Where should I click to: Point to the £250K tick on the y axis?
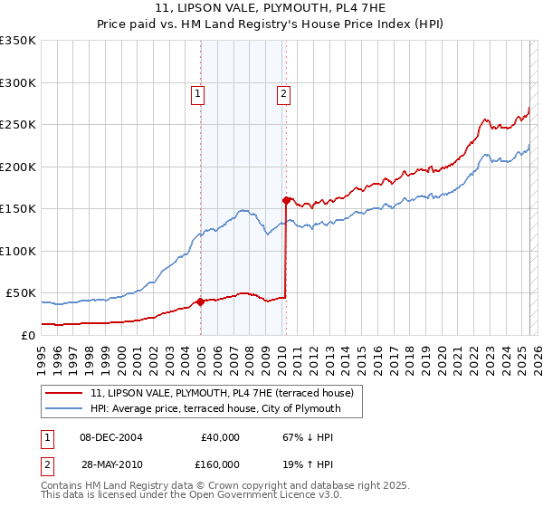pyautogui.click(x=17, y=125)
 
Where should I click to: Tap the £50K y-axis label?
pyautogui.click(x=21, y=293)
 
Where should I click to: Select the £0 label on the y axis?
pyautogui.click(x=28, y=335)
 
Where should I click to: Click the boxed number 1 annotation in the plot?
pyautogui.click(x=197, y=91)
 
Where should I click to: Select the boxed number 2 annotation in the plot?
pyautogui.click(x=283, y=91)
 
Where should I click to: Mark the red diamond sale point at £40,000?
pyautogui.click(x=200, y=302)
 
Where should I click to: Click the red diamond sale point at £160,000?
pyautogui.click(x=286, y=200)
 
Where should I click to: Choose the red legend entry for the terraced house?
pyautogui.click(x=225, y=394)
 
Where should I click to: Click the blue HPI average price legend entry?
pyautogui.click(x=214, y=408)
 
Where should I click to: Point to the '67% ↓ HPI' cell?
pyautogui.click(x=309, y=437)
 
